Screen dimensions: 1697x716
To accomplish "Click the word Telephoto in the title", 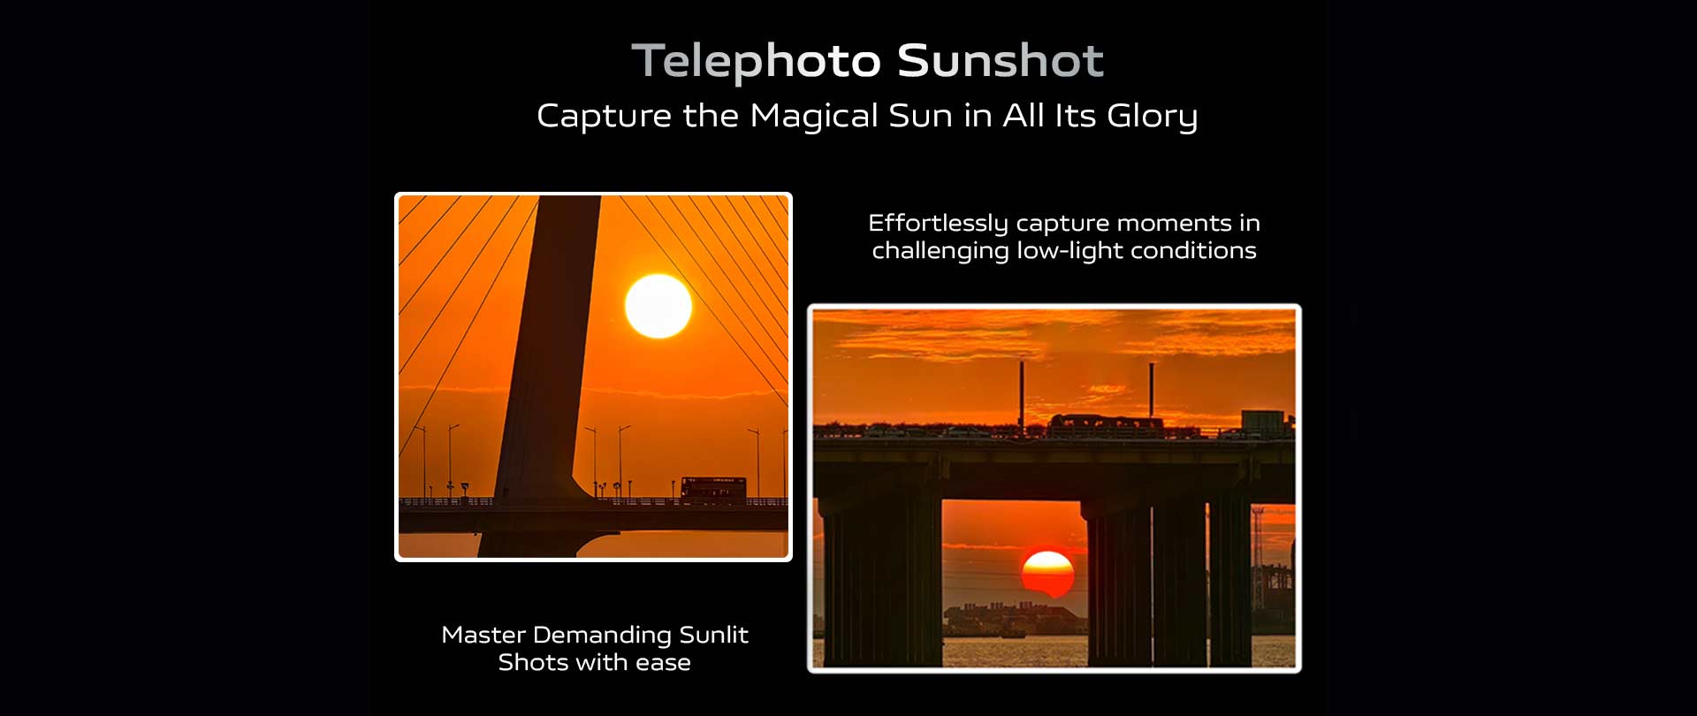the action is (x=756, y=61).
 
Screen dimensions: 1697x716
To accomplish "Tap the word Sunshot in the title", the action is (x=1001, y=60).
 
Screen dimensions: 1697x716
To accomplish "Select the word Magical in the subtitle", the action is (x=814, y=117).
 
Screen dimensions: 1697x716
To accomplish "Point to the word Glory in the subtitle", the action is (x=1152, y=117).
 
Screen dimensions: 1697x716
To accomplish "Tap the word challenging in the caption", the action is (x=940, y=251).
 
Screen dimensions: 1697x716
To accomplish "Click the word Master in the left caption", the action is (x=483, y=635).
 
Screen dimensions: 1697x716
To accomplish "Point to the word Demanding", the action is (x=602, y=636).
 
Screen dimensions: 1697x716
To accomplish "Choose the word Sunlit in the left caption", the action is (x=713, y=635).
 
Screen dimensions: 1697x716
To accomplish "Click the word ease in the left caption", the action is (x=664, y=663).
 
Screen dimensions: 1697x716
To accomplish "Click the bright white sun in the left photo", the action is (x=658, y=306).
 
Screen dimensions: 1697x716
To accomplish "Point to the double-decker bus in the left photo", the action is (x=713, y=489).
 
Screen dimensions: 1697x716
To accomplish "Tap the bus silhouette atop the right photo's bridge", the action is (x=1106, y=424).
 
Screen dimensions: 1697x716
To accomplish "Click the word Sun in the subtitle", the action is (x=920, y=117).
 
